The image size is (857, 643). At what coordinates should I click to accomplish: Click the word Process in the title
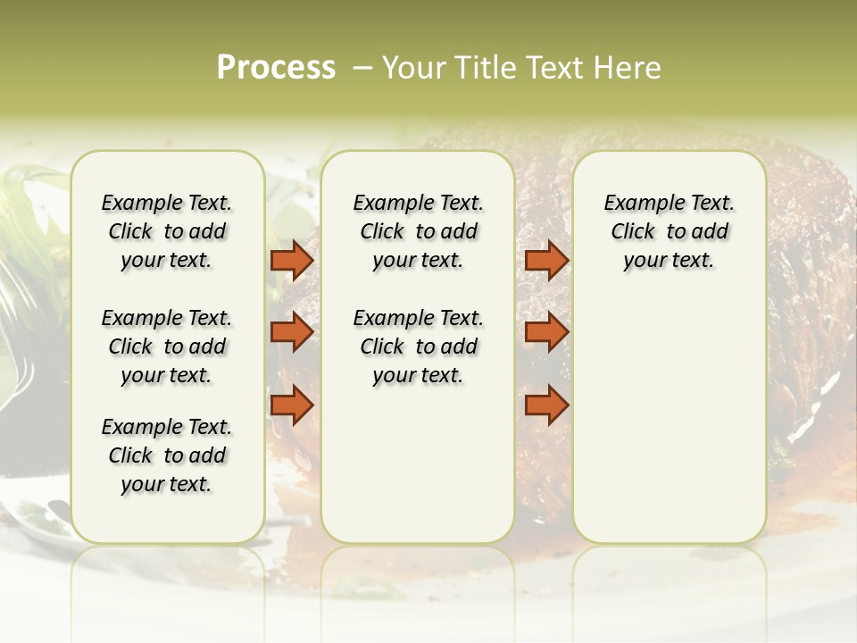pyautogui.click(x=276, y=68)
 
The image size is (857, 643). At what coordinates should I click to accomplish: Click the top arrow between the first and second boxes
pyautogui.click(x=292, y=261)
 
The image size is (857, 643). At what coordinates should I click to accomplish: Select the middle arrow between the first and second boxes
pyautogui.click(x=292, y=332)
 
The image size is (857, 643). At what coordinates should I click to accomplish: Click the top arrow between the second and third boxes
pyautogui.click(x=546, y=261)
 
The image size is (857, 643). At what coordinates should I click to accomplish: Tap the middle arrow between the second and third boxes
pyautogui.click(x=546, y=332)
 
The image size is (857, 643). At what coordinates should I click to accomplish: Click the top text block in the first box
pyautogui.click(x=167, y=231)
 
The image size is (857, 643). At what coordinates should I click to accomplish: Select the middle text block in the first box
pyautogui.click(x=167, y=347)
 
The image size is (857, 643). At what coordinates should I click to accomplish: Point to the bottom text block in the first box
pyautogui.click(x=167, y=455)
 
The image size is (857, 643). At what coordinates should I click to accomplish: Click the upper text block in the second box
pyautogui.click(x=418, y=231)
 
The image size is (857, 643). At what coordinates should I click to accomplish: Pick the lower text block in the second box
pyautogui.click(x=418, y=347)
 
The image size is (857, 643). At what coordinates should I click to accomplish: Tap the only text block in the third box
pyautogui.click(x=669, y=231)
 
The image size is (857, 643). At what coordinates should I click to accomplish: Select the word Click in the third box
pyautogui.click(x=633, y=231)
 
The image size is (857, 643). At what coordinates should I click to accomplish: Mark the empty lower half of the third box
pyautogui.click(x=669, y=420)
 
